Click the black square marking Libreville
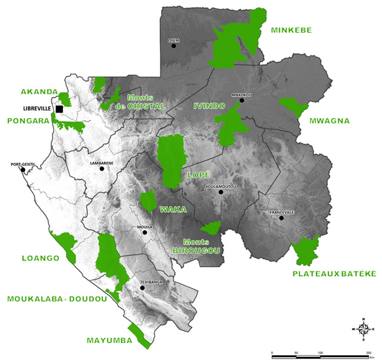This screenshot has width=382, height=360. (x=59, y=109)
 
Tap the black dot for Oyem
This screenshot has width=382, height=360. (x=173, y=45)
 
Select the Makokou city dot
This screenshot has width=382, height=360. (x=241, y=100)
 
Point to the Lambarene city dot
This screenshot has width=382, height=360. (x=101, y=169)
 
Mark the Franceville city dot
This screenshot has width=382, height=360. (x=282, y=218)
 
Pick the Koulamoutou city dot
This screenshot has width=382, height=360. (x=220, y=192)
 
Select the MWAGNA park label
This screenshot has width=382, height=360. (x=329, y=121)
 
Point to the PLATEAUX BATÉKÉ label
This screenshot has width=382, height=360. (x=334, y=274)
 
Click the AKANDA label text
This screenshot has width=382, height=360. (x=39, y=92)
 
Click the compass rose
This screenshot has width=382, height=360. (x=363, y=329)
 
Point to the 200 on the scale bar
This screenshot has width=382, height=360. (x=368, y=352)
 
